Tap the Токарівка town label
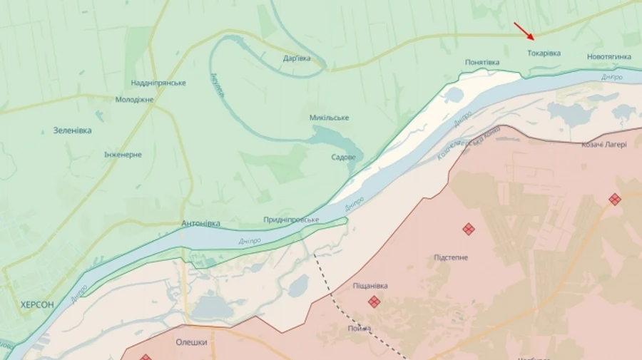(x=544, y=53)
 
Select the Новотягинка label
(x=608, y=56)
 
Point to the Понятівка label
(x=482, y=63)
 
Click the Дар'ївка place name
(x=297, y=58)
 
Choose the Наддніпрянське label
(x=158, y=83)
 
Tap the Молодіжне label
(x=134, y=99)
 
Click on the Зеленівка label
(x=72, y=130)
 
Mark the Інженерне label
(x=123, y=155)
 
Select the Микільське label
(x=329, y=117)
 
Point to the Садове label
(x=343, y=157)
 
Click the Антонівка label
(x=200, y=223)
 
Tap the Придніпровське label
(x=291, y=220)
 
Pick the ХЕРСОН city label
(x=37, y=304)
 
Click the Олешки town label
(x=191, y=342)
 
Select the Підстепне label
(x=451, y=257)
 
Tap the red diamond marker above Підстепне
(x=469, y=229)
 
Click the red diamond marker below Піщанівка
(x=374, y=302)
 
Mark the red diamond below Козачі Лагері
(x=614, y=200)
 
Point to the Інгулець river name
(x=218, y=86)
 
